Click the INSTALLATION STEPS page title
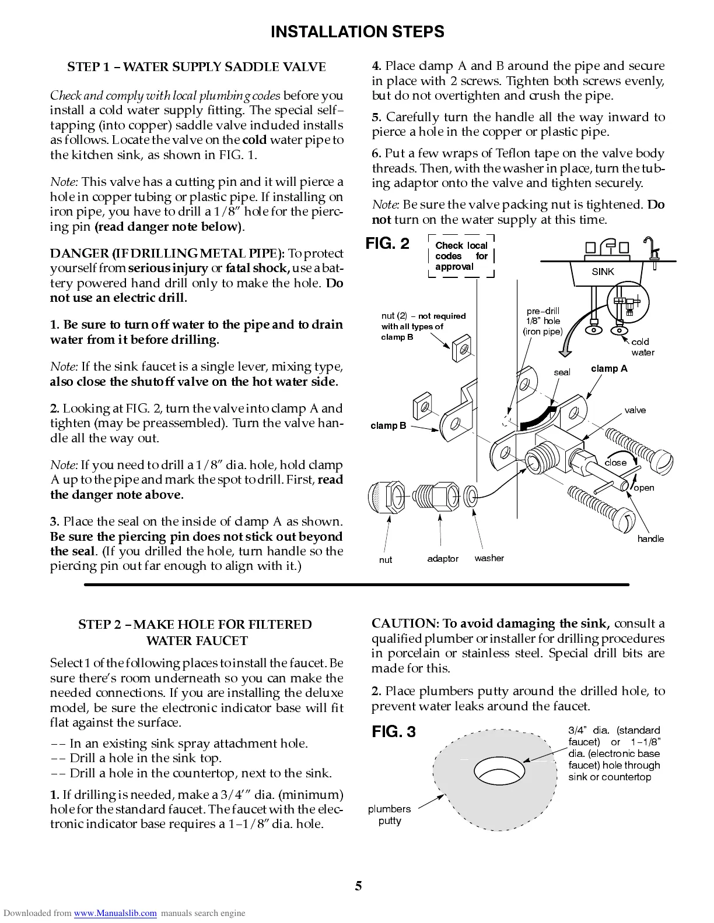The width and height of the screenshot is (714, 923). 357,32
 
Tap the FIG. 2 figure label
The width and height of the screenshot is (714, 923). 387,243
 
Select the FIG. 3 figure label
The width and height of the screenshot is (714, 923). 394,732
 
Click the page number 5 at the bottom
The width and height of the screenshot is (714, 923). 358,886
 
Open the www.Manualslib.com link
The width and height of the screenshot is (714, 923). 115,913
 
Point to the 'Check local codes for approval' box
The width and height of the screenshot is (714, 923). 461,256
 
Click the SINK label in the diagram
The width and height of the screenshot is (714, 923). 603,272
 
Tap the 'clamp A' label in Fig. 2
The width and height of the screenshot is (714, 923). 609,368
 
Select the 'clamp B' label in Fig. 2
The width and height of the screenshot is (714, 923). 388,425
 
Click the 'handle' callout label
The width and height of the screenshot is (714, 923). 650,539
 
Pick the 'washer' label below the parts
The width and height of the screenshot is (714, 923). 489,558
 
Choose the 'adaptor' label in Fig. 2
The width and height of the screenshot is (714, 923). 443,559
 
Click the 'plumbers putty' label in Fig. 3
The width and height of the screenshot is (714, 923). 389,815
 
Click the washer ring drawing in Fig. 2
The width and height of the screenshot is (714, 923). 470,497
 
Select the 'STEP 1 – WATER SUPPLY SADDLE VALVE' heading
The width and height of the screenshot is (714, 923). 196,67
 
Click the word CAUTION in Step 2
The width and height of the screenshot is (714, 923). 404,623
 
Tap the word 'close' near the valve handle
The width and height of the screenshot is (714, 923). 615,463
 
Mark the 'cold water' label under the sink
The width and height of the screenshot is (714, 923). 642,347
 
